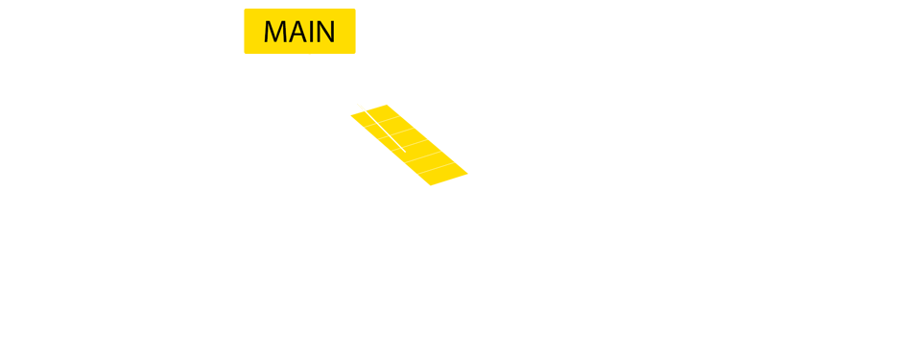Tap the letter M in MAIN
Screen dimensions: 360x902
(x=275, y=32)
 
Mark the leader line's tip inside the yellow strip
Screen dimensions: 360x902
(x=405, y=151)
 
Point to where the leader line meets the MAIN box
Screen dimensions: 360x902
(x=310, y=55)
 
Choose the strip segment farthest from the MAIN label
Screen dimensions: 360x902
(x=444, y=176)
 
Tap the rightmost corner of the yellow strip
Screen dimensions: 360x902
(x=467, y=174)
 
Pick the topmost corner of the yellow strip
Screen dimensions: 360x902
(x=386, y=105)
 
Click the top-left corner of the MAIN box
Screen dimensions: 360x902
(x=245, y=9)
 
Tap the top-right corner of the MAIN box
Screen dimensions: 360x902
(x=355, y=9)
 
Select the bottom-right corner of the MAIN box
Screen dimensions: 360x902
(x=355, y=54)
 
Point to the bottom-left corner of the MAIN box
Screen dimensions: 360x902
(x=245, y=54)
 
